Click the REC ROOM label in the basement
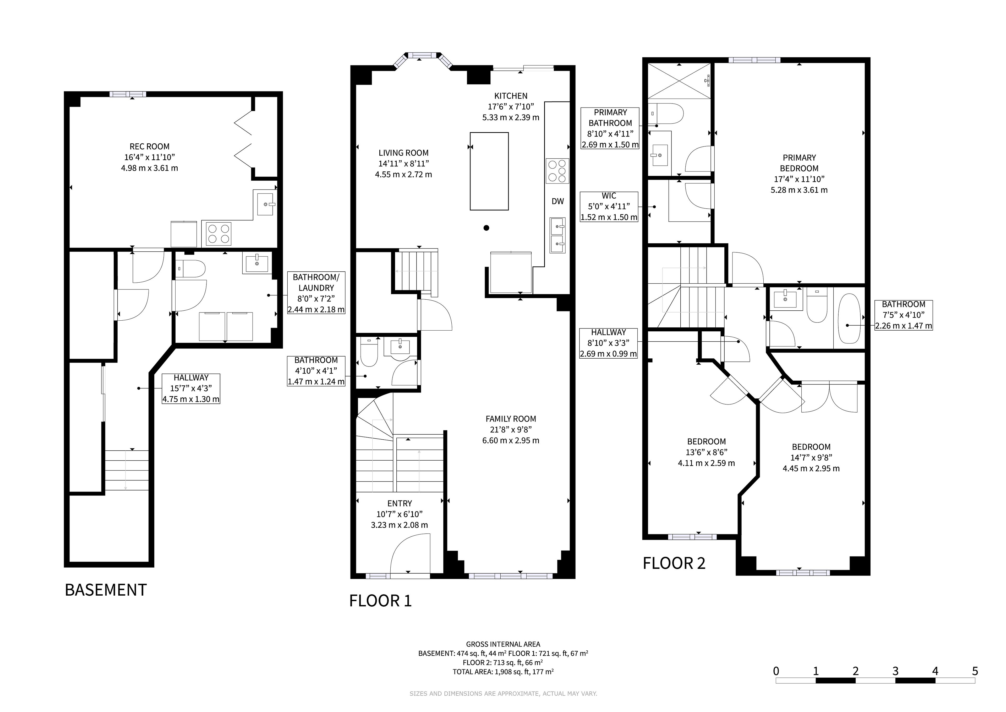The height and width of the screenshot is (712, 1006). [149, 147]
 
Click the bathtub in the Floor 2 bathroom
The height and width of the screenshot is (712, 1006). [849, 319]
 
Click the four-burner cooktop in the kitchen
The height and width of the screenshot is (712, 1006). [557, 171]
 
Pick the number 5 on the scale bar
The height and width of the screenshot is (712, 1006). [975, 671]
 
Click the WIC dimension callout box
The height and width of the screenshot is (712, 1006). [609, 207]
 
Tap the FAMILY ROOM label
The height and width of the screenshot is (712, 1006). [511, 419]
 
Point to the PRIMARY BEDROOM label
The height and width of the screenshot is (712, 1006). [799, 163]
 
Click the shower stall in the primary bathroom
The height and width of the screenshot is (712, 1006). [679, 81]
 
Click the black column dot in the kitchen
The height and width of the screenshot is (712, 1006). [486, 228]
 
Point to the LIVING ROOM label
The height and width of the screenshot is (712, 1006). [403, 153]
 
